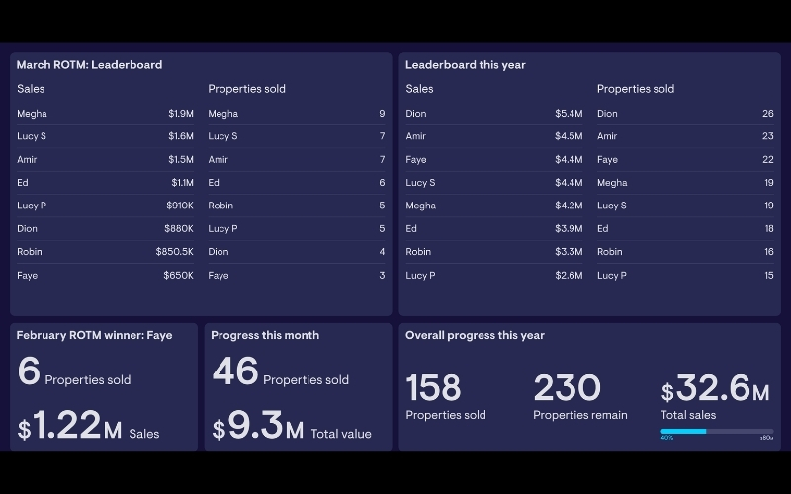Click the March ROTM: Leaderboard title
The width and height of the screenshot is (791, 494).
tap(89, 65)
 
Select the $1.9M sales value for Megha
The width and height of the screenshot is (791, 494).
tap(180, 114)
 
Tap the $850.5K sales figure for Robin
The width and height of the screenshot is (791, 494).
tap(174, 252)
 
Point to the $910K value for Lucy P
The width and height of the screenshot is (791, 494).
tap(179, 206)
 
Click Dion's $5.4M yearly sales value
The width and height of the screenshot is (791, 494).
tap(569, 114)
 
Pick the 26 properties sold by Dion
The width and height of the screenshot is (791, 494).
tap(767, 114)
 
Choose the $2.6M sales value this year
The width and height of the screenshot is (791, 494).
tap(569, 276)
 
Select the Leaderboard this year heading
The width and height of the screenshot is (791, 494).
tap(465, 65)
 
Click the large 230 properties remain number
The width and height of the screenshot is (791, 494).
tap(567, 388)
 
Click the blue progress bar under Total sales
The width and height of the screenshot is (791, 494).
tap(683, 431)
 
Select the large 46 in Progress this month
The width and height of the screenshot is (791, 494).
tap(234, 372)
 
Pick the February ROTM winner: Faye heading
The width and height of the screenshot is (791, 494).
tap(94, 335)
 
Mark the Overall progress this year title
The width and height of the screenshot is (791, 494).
tap(475, 335)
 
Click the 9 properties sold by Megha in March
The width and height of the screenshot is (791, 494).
tap(382, 114)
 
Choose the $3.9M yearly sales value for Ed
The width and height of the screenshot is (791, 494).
tap(569, 229)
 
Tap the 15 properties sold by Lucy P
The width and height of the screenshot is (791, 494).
tap(768, 276)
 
